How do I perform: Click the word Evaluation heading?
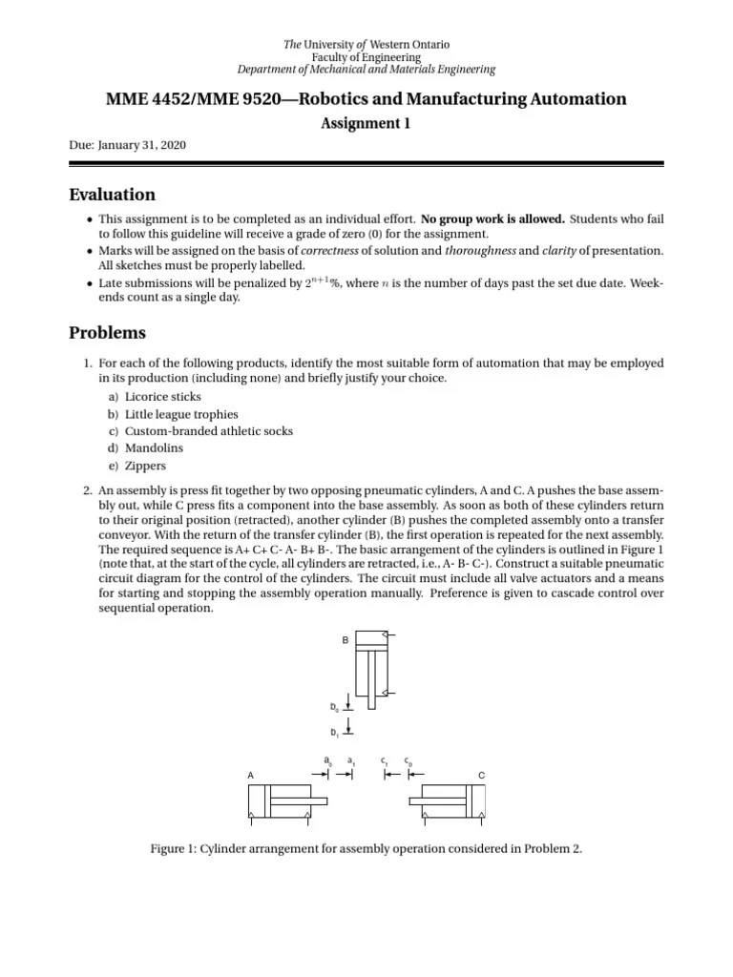click(112, 195)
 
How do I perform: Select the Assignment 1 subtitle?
click(366, 123)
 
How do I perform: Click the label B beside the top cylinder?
click(346, 639)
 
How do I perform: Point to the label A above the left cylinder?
click(250, 775)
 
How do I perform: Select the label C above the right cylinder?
click(481, 775)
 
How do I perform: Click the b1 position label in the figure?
click(334, 732)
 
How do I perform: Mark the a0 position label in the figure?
click(327, 760)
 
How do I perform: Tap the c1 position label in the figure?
click(384, 760)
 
